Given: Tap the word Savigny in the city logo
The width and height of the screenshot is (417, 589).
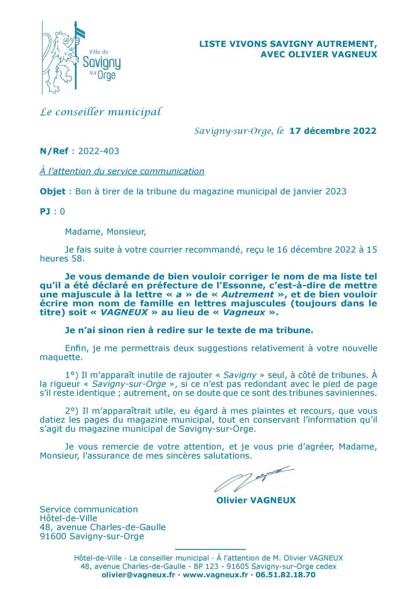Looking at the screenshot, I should [101, 63].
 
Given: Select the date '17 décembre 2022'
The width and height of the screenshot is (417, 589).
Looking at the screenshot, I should [333, 131].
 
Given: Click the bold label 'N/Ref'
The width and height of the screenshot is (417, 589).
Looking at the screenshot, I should [55, 151].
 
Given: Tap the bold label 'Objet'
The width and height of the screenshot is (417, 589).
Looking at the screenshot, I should [53, 191].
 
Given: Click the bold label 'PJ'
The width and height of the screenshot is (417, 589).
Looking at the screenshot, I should [46, 211].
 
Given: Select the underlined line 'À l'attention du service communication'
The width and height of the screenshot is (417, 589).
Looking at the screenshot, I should [122, 171].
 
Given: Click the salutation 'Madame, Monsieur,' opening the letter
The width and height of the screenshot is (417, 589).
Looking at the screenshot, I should [106, 231].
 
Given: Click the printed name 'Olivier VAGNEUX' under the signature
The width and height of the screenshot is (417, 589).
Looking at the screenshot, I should [256, 500].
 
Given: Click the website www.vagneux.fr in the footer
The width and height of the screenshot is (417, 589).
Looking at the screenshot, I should [216, 575].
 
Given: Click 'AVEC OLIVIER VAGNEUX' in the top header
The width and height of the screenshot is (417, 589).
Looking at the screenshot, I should [319, 53].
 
